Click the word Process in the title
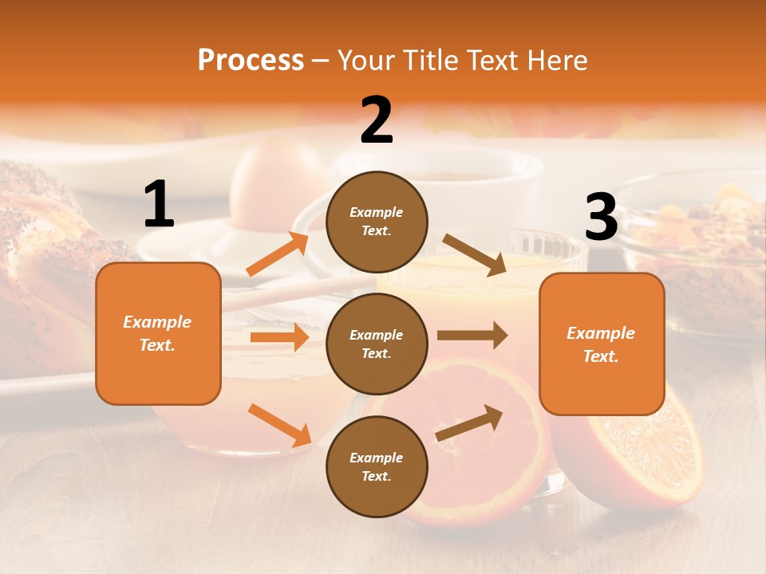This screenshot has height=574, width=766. pos(251,61)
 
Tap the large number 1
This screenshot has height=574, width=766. pos(159,205)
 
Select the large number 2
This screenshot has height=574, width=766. pos(377,120)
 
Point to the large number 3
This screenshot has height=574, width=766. pos(601,218)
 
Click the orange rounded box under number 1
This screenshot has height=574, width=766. pos(158,333)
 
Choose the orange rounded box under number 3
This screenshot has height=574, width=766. pos(602,344)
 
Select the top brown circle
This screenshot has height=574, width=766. pos(377,222)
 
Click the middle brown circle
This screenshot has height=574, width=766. pos(377,344)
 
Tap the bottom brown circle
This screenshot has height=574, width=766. pos(377,466)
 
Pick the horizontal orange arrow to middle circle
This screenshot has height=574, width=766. pos(279,337)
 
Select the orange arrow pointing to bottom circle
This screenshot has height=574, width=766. pos(279,424)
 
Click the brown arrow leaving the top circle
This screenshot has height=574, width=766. pos(474,254)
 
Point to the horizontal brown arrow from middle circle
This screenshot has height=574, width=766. pos(472,336)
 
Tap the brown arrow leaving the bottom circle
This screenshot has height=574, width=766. pos(469,423)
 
